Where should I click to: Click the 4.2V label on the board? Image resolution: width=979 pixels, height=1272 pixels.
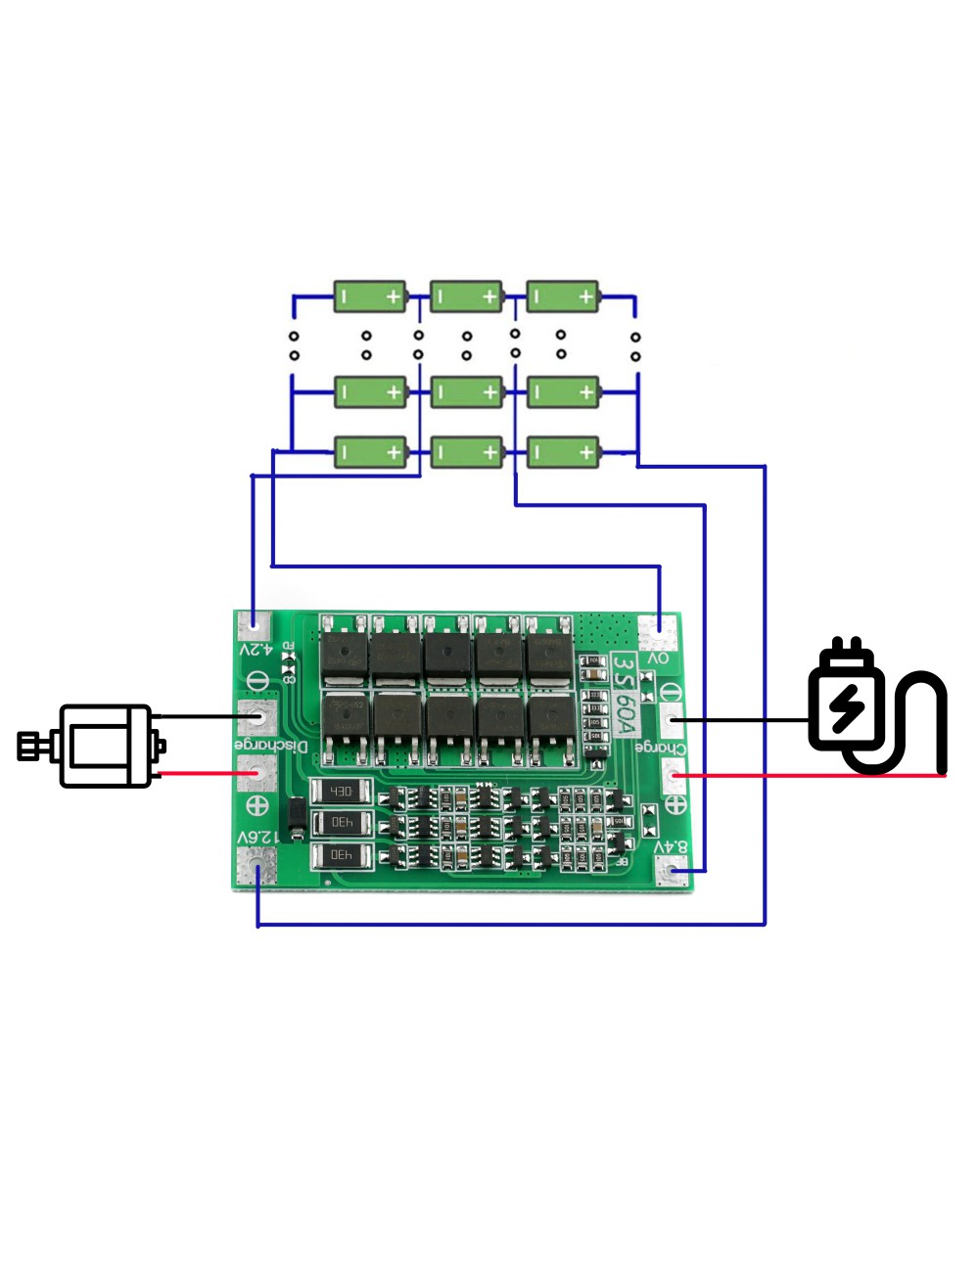[256, 649]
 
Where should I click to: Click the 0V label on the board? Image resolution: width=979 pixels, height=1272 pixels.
[658, 659]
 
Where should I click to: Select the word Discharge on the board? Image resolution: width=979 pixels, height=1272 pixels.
[271, 747]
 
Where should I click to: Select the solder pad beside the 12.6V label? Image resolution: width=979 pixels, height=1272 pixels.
[257, 867]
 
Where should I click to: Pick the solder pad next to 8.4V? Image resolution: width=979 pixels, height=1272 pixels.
[673, 871]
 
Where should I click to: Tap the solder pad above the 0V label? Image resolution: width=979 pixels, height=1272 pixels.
[658, 631]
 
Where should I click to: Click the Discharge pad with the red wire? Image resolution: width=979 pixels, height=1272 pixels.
[257, 774]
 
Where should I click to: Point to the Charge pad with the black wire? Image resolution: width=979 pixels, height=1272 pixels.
[672, 721]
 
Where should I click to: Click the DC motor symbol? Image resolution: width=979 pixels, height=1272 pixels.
[93, 746]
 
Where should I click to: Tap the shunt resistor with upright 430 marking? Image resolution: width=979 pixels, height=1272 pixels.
[341, 791]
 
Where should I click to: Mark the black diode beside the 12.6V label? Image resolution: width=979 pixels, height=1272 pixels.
[293, 820]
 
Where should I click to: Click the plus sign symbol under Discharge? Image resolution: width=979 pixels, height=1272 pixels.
[257, 806]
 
